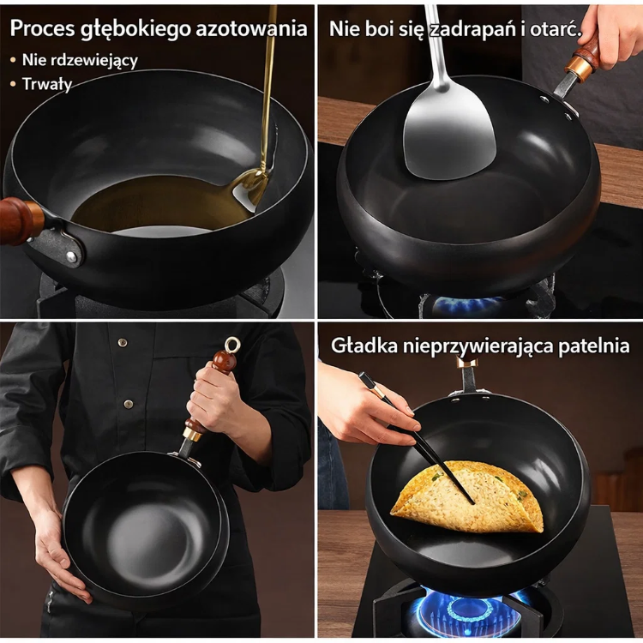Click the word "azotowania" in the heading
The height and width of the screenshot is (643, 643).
(x=251, y=28)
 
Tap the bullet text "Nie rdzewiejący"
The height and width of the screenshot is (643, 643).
(x=80, y=60)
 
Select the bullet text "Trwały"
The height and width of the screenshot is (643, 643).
(x=47, y=84)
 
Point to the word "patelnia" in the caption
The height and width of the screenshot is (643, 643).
(x=594, y=346)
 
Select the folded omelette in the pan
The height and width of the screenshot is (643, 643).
(x=468, y=496)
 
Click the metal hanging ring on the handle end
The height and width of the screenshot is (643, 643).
(x=232, y=345)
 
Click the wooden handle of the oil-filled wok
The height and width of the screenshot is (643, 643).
(x=20, y=220)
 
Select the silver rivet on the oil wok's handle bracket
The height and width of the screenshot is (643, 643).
(x=71, y=257)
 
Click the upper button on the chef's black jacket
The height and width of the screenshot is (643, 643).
(x=123, y=342)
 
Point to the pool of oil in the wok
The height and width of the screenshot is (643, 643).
(x=160, y=204)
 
